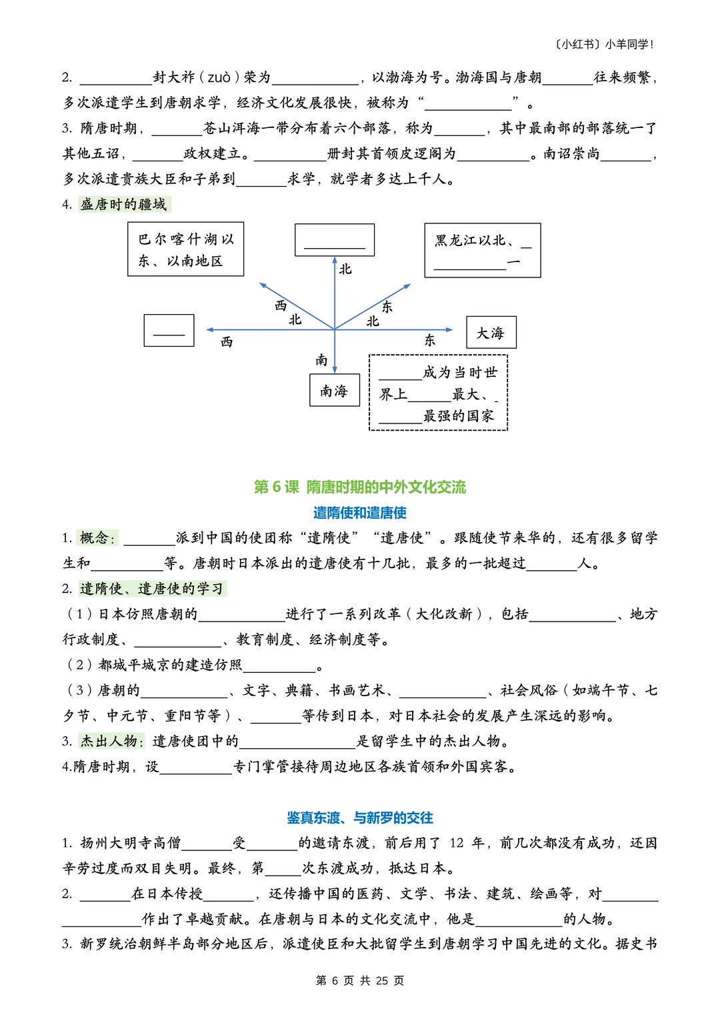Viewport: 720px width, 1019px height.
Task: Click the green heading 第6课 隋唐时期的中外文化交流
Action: (360, 487)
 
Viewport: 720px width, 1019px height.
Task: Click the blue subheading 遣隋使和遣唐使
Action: (360, 512)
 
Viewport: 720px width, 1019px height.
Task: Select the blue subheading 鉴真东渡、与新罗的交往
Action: (360, 818)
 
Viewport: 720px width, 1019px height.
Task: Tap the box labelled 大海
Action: (491, 332)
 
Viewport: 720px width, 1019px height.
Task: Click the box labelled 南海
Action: (335, 390)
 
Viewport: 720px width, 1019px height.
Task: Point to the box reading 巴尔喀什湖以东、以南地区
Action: (186, 249)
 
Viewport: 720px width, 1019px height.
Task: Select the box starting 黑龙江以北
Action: (483, 250)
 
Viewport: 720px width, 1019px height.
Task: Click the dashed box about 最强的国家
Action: (439, 393)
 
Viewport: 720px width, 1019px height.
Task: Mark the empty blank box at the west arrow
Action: (169, 330)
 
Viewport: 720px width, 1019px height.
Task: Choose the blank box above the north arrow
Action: (335, 240)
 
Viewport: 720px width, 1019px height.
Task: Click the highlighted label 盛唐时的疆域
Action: (124, 204)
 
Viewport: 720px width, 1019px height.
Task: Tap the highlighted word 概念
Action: (97, 538)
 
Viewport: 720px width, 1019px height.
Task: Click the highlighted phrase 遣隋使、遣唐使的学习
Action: (152, 588)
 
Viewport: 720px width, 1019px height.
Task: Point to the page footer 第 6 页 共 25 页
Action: (360, 980)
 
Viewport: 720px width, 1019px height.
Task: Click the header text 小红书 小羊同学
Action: (604, 45)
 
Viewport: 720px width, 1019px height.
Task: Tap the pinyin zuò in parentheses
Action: (219, 77)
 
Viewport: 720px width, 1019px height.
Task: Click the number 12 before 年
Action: (457, 843)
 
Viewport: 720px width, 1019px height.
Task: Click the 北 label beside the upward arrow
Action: (345, 269)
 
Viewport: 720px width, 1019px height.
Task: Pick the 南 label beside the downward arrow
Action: (322, 360)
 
